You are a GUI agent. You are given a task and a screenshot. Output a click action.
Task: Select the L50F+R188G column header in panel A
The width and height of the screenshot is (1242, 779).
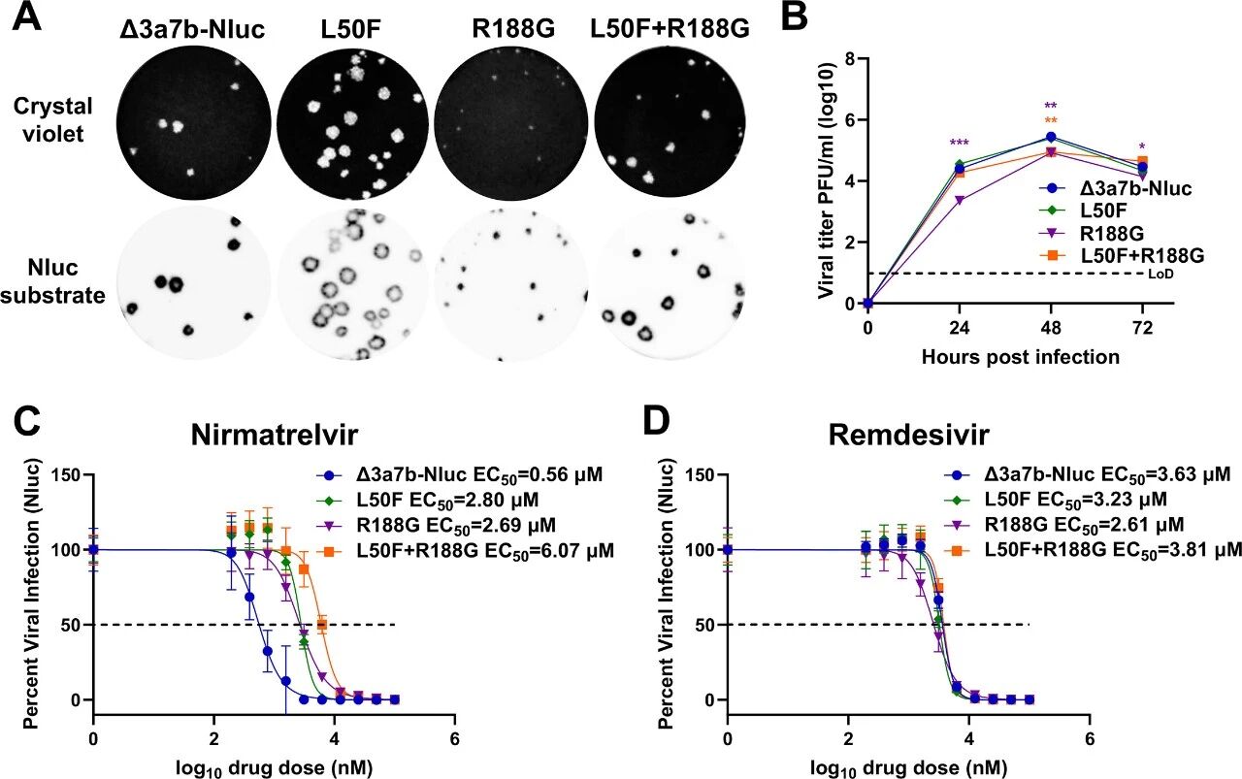click(670, 30)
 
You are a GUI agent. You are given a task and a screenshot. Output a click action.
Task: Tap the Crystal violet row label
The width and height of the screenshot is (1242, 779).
click(61, 120)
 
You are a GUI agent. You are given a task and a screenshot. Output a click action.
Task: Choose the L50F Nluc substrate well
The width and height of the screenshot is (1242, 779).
click(353, 279)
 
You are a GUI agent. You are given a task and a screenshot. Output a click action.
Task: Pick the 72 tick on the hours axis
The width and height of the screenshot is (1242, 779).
click(1142, 327)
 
